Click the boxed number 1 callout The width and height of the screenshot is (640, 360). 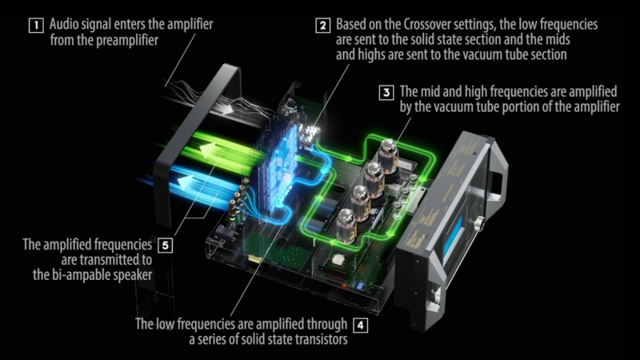[x=36, y=25]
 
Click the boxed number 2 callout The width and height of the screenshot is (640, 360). [x=322, y=25]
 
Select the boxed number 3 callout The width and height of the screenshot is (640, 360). [x=386, y=92]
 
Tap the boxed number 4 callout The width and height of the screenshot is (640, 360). [x=361, y=326]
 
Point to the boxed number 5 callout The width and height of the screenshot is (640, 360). [x=166, y=244]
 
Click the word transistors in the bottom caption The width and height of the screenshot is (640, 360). [x=319, y=340]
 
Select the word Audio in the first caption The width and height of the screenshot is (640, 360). [x=66, y=25]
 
